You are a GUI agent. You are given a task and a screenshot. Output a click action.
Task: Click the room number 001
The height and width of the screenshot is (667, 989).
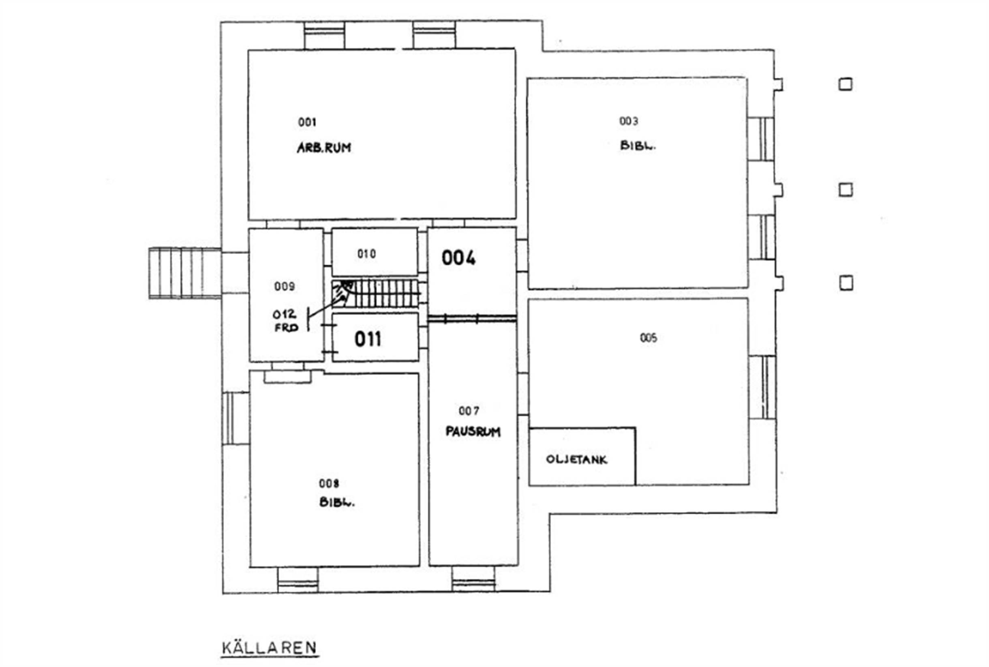[307, 122]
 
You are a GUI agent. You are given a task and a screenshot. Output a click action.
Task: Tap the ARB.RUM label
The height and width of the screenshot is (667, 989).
[324, 148]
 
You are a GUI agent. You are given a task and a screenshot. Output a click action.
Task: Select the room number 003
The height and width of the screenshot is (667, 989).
[628, 121]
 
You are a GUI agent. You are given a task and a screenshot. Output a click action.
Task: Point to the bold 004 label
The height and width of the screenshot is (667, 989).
[458, 258]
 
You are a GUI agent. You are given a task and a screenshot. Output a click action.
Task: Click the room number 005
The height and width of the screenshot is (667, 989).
[649, 338]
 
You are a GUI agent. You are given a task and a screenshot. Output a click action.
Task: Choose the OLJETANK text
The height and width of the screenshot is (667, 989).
[576, 459]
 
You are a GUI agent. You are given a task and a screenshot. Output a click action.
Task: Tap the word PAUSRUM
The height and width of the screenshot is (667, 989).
[473, 431]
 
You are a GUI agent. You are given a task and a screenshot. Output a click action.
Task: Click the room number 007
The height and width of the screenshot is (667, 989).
[469, 410]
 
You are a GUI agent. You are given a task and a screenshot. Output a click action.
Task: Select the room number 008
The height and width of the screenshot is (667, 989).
[329, 483]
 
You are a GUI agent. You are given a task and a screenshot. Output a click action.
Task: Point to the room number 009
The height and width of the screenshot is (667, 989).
[285, 286]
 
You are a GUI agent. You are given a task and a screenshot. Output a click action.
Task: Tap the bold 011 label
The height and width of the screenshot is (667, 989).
[368, 339]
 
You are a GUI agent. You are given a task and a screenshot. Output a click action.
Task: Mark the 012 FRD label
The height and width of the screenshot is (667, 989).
[285, 321]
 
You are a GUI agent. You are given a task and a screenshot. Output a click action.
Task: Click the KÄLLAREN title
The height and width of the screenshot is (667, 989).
[270, 648]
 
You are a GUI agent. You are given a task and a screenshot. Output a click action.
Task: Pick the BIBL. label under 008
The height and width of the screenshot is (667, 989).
[337, 502]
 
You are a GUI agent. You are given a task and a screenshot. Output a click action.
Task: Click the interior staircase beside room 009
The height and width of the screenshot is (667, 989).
[376, 294]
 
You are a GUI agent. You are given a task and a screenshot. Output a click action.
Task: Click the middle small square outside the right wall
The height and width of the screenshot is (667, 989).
[846, 190]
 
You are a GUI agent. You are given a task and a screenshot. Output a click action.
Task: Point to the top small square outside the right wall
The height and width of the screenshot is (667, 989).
[845, 84]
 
